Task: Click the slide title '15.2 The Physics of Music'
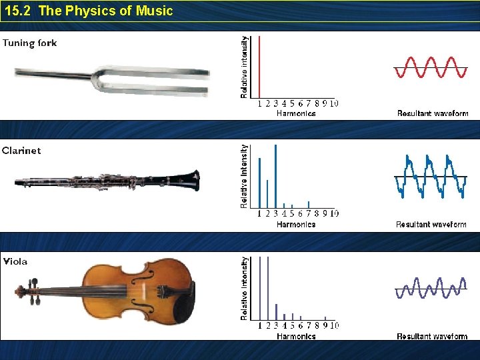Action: (88, 11)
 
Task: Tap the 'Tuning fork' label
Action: (29, 43)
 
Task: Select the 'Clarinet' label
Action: (21, 151)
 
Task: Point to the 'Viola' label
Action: (15, 261)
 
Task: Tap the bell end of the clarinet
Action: (191, 180)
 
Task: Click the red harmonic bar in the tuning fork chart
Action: (259, 67)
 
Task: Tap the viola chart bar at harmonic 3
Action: (276, 312)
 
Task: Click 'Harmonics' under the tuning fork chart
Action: (296, 114)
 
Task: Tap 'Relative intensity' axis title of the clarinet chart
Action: (244, 176)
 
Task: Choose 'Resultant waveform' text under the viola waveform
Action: (432, 337)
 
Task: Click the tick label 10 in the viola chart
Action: (334, 326)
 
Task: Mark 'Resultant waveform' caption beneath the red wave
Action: (433, 114)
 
